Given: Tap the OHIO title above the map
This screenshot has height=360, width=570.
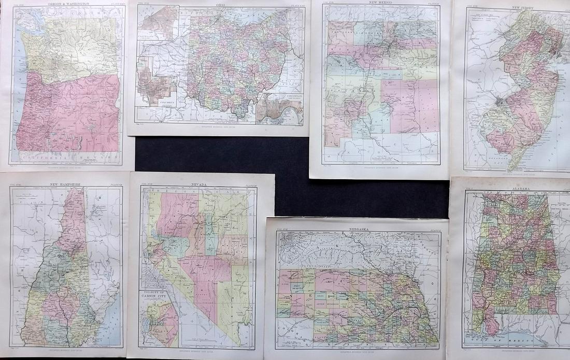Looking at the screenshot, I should click(x=220, y=4).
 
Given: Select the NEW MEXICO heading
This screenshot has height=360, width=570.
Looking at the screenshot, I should click(x=380, y=4).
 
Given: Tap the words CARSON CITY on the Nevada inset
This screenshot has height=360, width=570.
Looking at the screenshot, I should click(x=159, y=297).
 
